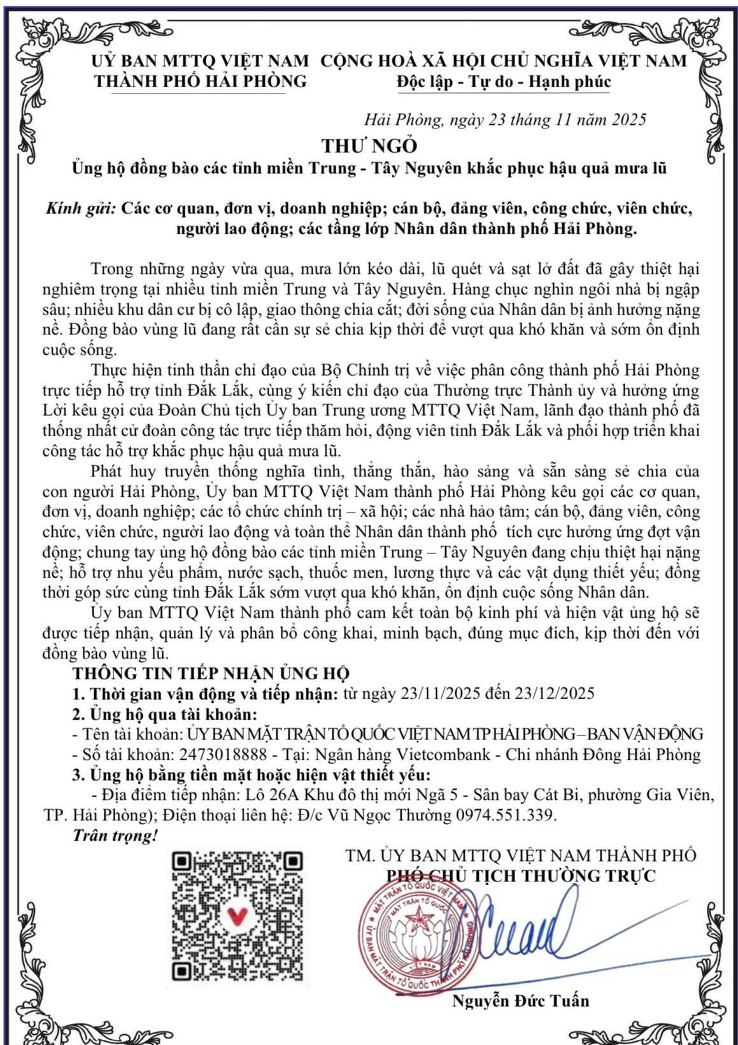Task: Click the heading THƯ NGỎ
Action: [x=369, y=146]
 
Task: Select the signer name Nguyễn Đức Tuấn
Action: [x=520, y=1000]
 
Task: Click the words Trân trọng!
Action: [x=115, y=835]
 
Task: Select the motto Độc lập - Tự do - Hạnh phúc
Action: [x=503, y=82]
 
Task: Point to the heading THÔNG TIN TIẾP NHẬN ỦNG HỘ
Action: [x=211, y=673]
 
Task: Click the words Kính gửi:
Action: [x=81, y=208]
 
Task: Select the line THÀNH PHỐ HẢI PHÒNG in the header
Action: [x=200, y=82]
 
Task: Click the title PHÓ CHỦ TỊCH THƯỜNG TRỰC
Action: [x=521, y=876]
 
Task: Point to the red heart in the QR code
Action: [x=237, y=916]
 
